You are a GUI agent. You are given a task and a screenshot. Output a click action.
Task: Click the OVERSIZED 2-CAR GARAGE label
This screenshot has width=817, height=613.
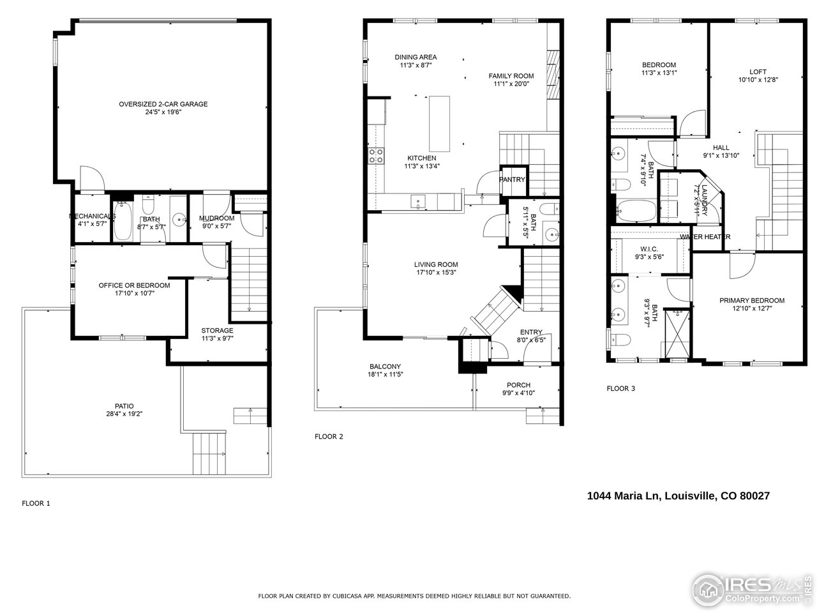pos(163,104)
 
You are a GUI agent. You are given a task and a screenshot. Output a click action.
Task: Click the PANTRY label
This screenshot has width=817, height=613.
pos(512,179)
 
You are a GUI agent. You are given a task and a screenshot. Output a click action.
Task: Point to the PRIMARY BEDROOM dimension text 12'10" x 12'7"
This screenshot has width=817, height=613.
pos(751,309)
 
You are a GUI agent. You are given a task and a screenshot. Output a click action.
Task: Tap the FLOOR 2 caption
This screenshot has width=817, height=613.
pos(329,437)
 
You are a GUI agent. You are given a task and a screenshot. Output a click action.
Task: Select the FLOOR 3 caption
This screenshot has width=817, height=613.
pos(620,388)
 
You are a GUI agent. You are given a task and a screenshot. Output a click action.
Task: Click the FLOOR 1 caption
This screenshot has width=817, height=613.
pos(36,503)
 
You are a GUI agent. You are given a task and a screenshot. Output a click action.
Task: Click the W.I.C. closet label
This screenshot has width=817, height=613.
pos(649,249)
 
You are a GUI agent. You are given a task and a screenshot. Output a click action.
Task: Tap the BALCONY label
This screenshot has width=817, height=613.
pos(385,366)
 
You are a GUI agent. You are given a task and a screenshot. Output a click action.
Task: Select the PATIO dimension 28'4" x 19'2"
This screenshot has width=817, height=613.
pos(124,414)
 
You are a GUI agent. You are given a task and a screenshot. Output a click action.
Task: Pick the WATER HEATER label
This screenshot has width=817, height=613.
pos(705,237)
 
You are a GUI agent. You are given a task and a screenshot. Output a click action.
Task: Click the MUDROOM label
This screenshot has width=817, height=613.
pos(217,218)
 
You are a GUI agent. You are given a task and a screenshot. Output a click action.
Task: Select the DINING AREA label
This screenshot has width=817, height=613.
pos(416,57)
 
